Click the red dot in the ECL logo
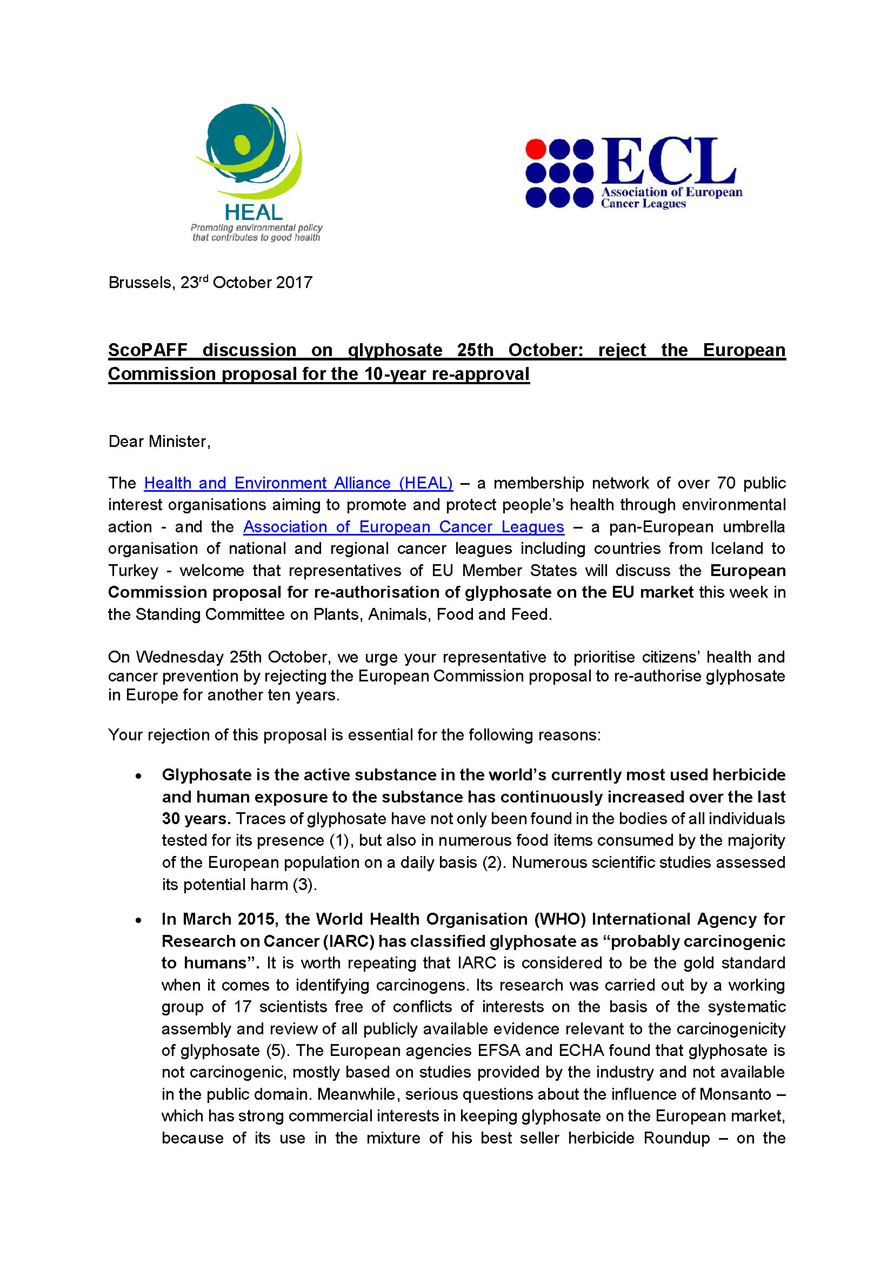[535, 149]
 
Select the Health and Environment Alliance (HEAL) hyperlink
[298, 483]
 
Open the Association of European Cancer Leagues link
[404, 527]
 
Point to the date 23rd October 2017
[246, 283]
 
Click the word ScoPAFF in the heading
[148, 350]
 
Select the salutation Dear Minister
[158, 442]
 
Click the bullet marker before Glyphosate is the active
[139, 775]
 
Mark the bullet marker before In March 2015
[139, 920]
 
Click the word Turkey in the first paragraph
[132, 570]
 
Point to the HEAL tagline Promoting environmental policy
[257, 228]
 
